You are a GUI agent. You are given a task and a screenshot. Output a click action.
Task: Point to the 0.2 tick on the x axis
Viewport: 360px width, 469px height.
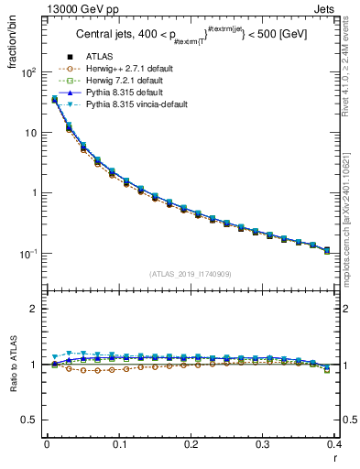pos(191,444)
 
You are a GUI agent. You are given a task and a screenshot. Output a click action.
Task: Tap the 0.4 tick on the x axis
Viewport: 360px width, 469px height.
pos(335,444)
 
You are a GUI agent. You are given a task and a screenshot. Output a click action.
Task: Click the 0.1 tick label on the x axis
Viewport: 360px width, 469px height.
pos(118,444)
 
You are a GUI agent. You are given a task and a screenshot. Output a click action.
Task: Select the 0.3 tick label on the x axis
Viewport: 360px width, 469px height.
pos(263,444)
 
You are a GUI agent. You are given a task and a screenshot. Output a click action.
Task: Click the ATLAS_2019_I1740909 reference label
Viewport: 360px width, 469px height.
pos(191,274)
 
